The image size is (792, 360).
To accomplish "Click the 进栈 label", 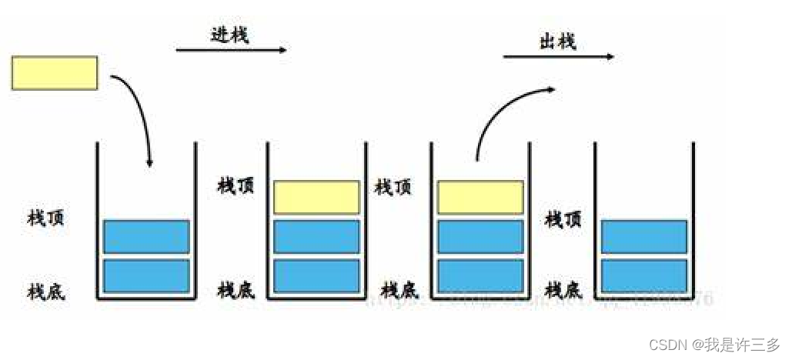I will click(x=229, y=34).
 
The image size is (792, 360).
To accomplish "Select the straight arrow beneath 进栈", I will click(x=231, y=51).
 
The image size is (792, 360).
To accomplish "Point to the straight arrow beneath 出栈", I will click(x=558, y=56).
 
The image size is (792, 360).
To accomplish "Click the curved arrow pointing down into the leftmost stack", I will click(x=138, y=115).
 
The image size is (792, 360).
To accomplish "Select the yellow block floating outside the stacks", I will click(x=55, y=73).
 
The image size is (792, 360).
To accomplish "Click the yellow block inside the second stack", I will click(x=316, y=197).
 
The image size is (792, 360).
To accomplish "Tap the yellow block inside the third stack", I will click(x=480, y=197).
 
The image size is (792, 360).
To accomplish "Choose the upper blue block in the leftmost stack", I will click(x=146, y=236).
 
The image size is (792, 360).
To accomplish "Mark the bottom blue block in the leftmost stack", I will click(x=146, y=275).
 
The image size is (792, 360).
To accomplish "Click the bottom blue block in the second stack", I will click(x=316, y=275).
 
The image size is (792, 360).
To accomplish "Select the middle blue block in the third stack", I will click(x=480, y=236).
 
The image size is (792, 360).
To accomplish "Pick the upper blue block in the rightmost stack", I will click(x=643, y=236).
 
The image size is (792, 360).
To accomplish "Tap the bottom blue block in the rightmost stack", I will click(x=643, y=275).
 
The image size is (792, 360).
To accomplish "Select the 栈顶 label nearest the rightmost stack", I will click(x=563, y=219).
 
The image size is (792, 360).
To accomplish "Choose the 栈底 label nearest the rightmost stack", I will click(x=563, y=290).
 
